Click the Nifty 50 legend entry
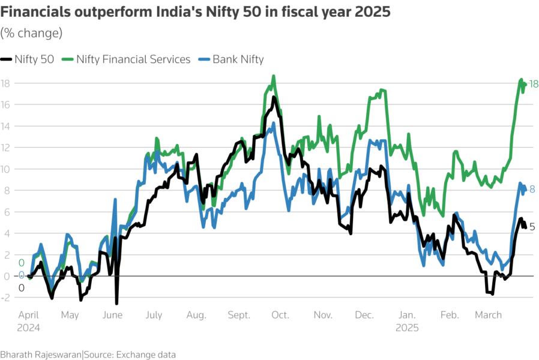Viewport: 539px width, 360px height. click(x=30, y=59)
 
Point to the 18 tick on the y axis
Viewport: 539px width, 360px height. click(x=5, y=83)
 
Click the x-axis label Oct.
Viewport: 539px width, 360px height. click(x=280, y=315)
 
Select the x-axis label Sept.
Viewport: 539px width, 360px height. click(x=238, y=315)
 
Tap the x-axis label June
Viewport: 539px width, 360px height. click(x=112, y=315)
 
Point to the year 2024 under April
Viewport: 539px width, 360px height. click(x=29, y=328)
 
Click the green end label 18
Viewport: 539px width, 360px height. click(x=533, y=85)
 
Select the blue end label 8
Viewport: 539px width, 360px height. click(x=532, y=190)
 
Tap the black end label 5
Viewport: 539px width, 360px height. click(x=532, y=227)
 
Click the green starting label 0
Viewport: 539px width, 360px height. click(x=21, y=263)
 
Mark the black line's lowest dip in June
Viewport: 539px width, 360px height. click(x=116, y=304)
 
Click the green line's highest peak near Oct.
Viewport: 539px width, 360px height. click(x=274, y=76)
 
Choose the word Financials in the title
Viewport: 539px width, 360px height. click(x=37, y=13)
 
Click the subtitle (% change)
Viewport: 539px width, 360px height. click(x=31, y=32)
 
